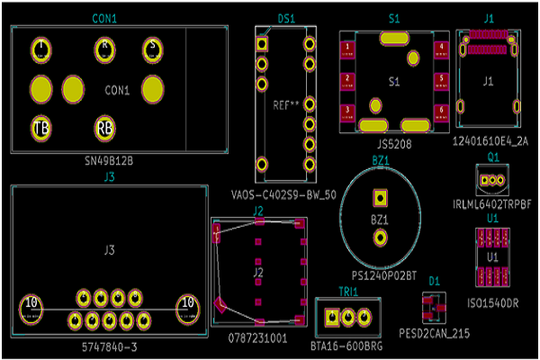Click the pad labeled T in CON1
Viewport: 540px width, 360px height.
pos(41,49)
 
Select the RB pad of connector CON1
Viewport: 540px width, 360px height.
pos(105,129)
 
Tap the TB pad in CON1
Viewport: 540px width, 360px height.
pos(41,129)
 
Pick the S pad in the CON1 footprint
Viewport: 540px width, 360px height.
pos(152,49)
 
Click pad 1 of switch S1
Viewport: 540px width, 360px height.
pos(346,49)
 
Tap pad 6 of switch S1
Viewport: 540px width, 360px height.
pos(440,110)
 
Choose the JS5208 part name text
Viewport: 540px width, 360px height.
pos(393,143)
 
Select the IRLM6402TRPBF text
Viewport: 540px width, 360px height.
pos(493,204)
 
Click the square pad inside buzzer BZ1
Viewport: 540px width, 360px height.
pos(380,197)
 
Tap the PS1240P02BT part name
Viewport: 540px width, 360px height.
pos(384,274)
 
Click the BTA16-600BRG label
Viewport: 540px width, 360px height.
pos(346,345)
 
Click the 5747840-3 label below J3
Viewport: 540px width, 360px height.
pos(108,346)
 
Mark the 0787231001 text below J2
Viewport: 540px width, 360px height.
pos(257,338)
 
